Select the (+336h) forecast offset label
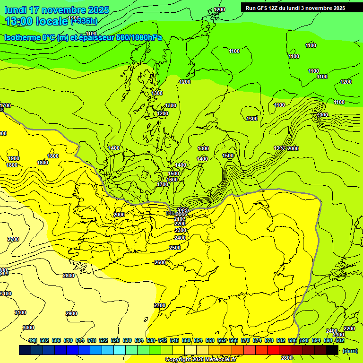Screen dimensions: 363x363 84,20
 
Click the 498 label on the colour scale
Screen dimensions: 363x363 33,340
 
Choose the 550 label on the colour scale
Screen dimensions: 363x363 186,340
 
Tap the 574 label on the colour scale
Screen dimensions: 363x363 257,340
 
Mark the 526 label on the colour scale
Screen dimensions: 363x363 115,340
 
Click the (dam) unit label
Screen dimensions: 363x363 350,350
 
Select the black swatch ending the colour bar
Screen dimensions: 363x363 332,350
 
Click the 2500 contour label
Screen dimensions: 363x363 175,248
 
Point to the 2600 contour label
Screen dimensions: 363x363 160,262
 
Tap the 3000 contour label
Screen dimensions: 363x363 28,328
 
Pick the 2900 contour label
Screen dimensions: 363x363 71,313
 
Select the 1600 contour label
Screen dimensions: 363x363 172,180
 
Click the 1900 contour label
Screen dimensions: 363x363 14,158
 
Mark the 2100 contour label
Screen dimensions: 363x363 180,219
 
